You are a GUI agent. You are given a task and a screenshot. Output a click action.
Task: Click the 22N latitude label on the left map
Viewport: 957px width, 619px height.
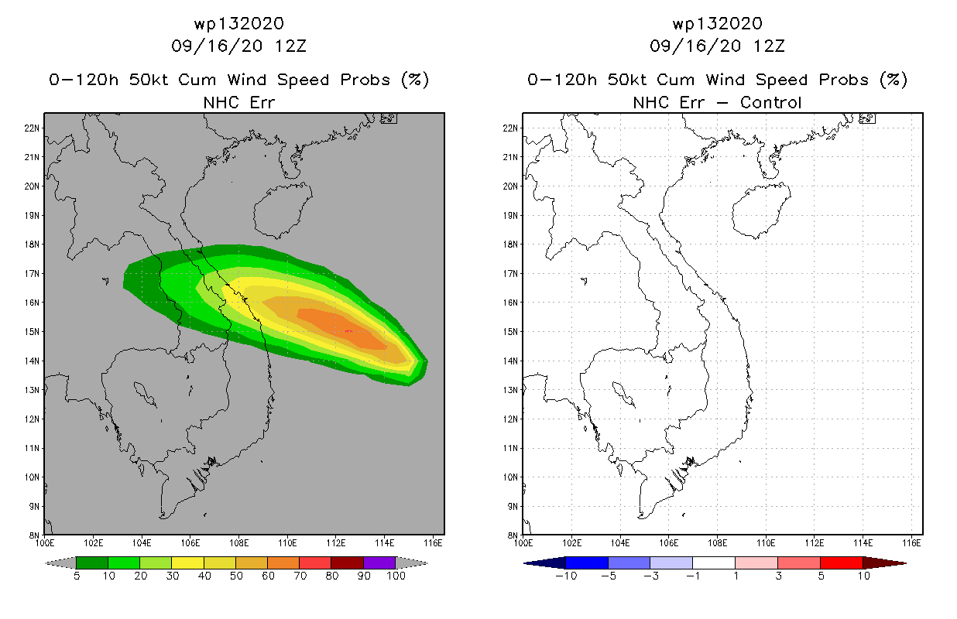[x=32, y=128]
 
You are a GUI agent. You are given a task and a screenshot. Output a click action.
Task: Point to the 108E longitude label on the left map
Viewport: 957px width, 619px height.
[x=238, y=543]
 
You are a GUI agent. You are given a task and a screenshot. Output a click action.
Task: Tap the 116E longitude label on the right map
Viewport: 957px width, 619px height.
[x=911, y=543]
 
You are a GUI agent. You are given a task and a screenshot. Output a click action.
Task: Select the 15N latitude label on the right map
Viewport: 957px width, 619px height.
[x=510, y=332]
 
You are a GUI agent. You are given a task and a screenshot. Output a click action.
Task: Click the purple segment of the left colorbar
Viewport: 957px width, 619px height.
[x=379, y=563]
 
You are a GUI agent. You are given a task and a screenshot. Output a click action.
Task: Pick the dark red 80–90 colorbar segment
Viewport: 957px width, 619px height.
[x=348, y=563]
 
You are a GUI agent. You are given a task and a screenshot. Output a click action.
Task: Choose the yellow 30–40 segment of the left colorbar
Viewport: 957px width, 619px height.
[x=187, y=563]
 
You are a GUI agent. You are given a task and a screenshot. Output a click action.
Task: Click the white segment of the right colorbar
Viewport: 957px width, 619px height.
[x=714, y=563]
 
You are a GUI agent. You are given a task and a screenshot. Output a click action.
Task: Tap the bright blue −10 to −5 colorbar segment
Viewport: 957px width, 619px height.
[x=587, y=563]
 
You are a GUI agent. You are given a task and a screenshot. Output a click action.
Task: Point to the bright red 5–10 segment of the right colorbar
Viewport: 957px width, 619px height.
[x=842, y=563]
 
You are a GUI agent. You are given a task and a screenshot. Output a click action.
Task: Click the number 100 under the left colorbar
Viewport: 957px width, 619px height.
[x=396, y=576]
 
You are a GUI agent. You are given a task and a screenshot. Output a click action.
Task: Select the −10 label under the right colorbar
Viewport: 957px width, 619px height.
[x=566, y=576]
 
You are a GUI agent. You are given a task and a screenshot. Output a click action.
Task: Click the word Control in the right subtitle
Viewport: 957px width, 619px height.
[x=770, y=103]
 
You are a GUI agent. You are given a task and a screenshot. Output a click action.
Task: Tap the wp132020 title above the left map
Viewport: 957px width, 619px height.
[x=238, y=23]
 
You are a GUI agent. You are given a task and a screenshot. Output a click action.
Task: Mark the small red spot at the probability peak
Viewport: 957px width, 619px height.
[x=348, y=331]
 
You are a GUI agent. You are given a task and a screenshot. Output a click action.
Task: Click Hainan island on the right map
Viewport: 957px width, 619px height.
[x=761, y=210]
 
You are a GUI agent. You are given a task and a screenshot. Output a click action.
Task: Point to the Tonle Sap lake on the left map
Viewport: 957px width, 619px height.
[x=145, y=394]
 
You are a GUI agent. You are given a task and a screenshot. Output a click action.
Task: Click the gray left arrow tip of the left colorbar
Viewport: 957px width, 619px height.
[x=46, y=563]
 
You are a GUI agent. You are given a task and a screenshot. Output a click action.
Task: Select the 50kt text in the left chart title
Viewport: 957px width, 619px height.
[x=149, y=80]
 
